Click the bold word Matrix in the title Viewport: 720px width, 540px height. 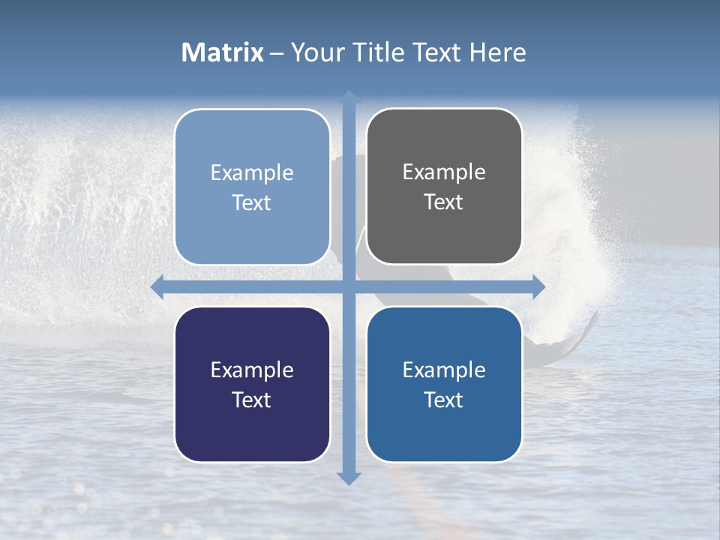tap(223, 52)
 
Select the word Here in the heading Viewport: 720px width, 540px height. tap(497, 52)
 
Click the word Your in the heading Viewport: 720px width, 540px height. tap(314, 52)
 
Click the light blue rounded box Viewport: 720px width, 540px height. tap(252, 187)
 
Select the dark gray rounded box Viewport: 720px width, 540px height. tap(444, 186)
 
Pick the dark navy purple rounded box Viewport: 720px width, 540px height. tap(252, 384)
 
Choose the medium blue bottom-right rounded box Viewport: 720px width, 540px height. tap(444, 384)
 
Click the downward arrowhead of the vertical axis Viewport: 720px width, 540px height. tap(349, 478)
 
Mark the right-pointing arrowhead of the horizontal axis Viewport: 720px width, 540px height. tap(538, 286)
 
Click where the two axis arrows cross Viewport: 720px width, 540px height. tap(349, 286)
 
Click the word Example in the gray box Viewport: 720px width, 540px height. tap(444, 172)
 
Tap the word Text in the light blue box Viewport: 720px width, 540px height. tap(252, 203)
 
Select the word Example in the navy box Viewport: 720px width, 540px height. tap(252, 370)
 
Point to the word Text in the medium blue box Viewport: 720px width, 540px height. tap(444, 400)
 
